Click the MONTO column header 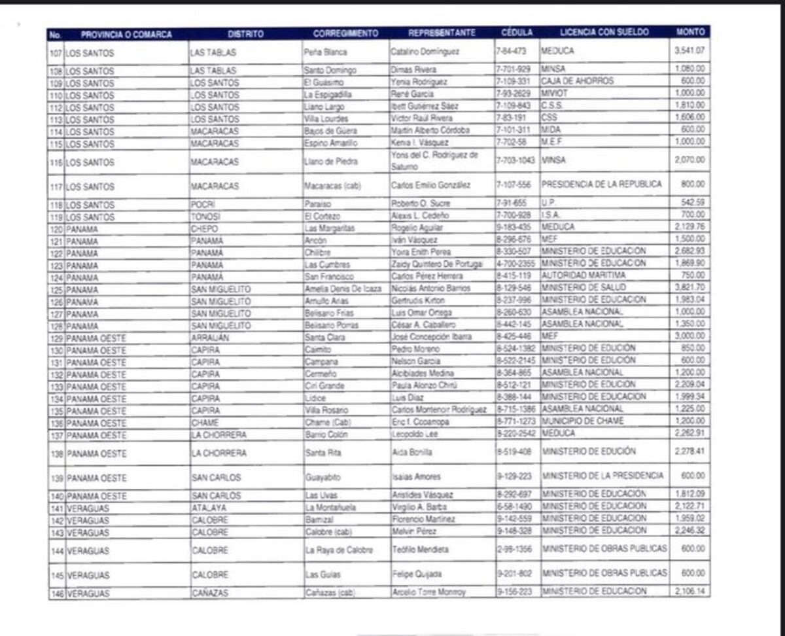click(690, 32)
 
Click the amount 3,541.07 click(690, 50)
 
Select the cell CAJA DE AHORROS click(577, 81)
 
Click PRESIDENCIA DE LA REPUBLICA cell click(602, 185)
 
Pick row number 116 click(56, 162)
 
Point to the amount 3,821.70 click(690, 288)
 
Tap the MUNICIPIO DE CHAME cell click(582, 421)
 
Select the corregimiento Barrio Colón click(328, 434)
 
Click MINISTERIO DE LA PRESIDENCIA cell click(602, 476)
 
